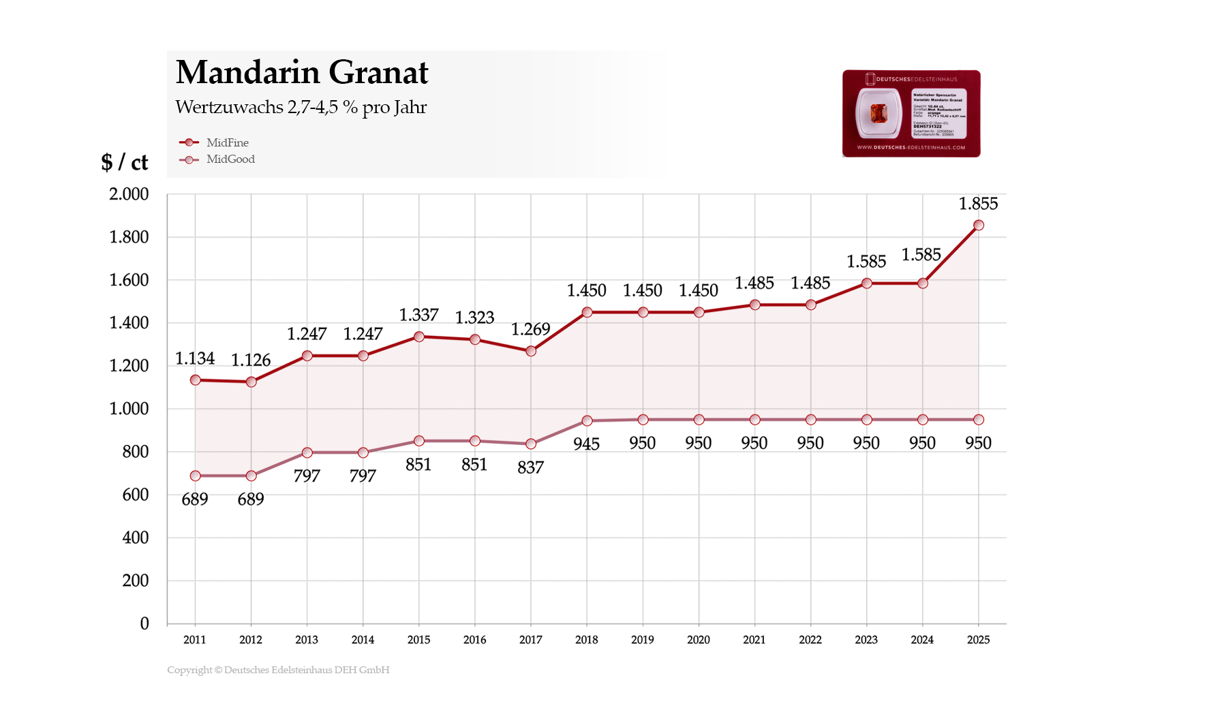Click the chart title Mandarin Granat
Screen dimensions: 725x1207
click(302, 72)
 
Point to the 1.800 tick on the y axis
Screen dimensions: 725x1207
click(129, 237)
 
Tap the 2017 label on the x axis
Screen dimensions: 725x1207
click(530, 640)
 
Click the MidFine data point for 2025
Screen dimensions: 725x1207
click(978, 226)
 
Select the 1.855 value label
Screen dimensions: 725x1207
click(978, 204)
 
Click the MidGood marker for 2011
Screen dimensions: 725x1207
click(196, 476)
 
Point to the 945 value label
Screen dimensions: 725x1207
click(586, 444)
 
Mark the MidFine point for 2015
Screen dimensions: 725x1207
click(419, 337)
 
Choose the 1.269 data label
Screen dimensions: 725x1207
click(530, 330)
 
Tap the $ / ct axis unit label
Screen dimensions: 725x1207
click(125, 162)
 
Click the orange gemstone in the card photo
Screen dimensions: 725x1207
click(878, 113)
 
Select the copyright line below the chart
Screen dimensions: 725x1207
click(278, 670)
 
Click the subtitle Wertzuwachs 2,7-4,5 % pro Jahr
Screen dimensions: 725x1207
click(301, 108)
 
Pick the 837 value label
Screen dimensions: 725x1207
click(530, 468)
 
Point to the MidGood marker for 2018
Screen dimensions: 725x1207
click(587, 421)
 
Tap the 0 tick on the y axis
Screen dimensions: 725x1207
click(144, 623)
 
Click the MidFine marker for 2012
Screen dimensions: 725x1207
click(251, 382)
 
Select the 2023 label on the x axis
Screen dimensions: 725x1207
click(866, 640)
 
